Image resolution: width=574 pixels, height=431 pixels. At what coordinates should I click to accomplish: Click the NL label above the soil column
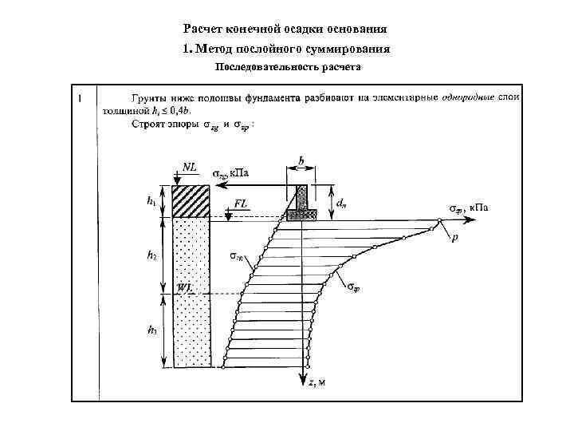coord(191,167)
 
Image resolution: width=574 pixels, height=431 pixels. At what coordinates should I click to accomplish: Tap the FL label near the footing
coord(241,204)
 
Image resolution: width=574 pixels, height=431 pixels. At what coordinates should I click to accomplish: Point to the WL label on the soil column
coord(187,287)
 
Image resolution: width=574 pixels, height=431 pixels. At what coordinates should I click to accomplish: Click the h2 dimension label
coord(151,255)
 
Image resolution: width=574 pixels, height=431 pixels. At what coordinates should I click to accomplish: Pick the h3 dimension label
coord(151,329)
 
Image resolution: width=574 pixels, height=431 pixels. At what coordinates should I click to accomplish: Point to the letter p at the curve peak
coord(454,239)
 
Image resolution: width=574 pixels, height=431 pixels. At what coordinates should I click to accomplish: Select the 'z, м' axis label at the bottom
coord(316,382)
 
